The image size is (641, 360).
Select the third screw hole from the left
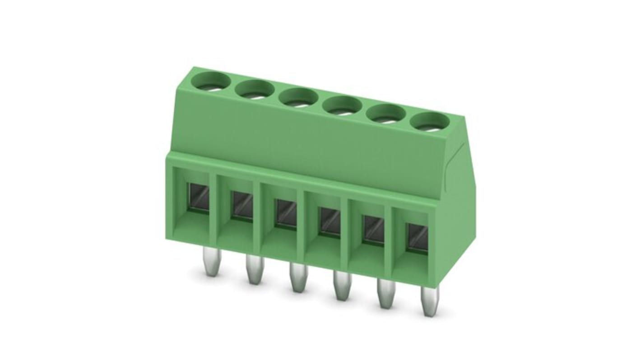pyautogui.click(x=298, y=97)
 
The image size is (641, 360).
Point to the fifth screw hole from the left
pyautogui.click(x=387, y=113)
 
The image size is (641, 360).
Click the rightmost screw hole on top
pyautogui.click(x=430, y=120)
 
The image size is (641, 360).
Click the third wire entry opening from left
pyautogui.click(x=285, y=212)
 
